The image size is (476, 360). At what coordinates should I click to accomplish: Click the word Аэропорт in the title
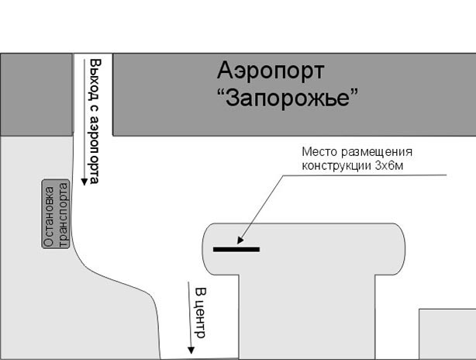pyautogui.click(x=270, y=72)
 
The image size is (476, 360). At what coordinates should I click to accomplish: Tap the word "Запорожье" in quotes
pyautogui.click(x=289, y=99)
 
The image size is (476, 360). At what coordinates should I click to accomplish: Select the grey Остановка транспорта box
pyautogui.click(x=57, y=214)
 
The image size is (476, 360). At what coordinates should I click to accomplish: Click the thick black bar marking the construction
pyautogui.click(x=236, y=249)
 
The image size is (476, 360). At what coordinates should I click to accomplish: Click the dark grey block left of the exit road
pyautogui.click(x=36, y=93)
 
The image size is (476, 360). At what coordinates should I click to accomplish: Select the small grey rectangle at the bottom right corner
pyautogui.click(x=447, y=334)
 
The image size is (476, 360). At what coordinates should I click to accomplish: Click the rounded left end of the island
pyautogui.click(x=212, y=248)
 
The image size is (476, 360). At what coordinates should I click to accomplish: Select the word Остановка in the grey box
pyautogui.click(x=50, y=214)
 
